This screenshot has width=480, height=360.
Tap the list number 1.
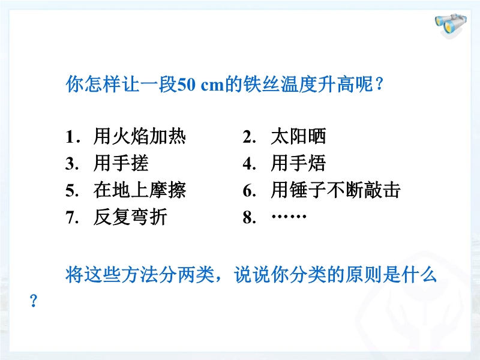(73, 137)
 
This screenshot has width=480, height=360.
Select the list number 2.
(249, 137)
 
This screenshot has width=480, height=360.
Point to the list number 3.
(72, 164)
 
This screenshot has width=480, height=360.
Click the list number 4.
(249, 164)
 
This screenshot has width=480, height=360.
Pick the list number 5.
(72, 191)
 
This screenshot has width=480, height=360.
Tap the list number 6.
(249, 191)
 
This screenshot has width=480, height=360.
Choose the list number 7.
(72, 218)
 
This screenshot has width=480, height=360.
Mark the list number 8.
(249, 218)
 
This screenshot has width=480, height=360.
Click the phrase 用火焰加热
(140, 136)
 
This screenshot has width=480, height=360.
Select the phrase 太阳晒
(298, 136)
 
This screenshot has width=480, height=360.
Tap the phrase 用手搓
(121, 163)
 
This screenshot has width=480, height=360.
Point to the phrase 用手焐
(298, 163)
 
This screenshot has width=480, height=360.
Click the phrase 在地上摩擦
(140, 190)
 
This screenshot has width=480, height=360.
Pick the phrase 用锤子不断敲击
(336, 190)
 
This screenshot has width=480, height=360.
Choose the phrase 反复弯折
(130, 217)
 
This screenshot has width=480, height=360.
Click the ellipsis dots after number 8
(289, 217)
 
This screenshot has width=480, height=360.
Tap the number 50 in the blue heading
(187, 85)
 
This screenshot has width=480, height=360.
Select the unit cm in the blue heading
(212, 86)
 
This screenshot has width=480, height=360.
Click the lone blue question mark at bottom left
(34, 301)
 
